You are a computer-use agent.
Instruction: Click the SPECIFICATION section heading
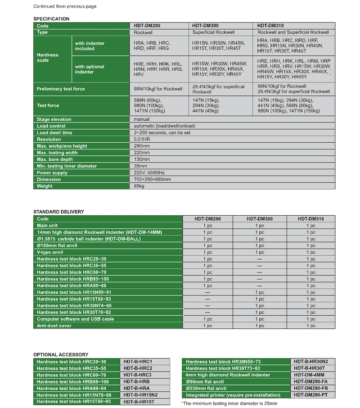tap(51, 19)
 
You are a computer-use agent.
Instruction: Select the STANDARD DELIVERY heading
tap(58, 212)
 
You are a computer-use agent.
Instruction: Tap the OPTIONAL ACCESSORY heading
tap(61, 354)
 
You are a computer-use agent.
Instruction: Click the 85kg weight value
tap(139, 186)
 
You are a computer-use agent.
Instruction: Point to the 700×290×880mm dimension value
tap(152, 179)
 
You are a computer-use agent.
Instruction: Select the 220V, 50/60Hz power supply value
tap(149, 172)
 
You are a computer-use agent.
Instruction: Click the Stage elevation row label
tap(54, 119)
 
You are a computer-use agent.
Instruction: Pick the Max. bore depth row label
tap(55, 159)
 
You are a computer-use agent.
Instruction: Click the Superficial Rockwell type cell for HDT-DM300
tap(211, 32)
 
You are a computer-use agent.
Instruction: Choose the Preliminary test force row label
tap(61, 89)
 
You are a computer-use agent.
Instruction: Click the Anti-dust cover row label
tap(54, 326)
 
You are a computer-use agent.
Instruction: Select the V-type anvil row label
tap(50, 252)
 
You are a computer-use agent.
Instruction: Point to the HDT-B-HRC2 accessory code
tap(138, 368)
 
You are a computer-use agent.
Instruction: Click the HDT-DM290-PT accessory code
tap(311, 394)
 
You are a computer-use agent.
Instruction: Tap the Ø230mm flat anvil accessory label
tap(206, 388)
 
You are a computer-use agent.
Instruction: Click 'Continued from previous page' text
tap(65, 6)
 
